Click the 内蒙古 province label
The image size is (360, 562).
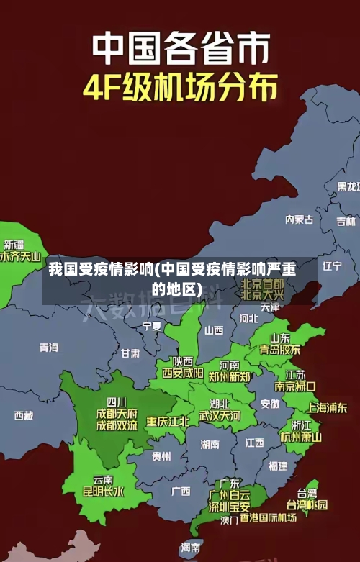click(299, 199)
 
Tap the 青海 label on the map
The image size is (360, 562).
click(49, 348)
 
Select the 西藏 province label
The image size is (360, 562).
click(24, 415)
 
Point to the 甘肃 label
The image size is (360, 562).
click(130, 353)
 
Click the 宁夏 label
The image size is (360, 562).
click(152, 326)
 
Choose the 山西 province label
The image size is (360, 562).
click(214, 330)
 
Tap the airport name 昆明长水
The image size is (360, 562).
click(103, 492)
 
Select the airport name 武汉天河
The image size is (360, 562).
click(220, 416)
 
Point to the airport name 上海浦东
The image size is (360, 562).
click(327, 407)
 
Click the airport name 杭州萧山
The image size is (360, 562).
click(301, 437)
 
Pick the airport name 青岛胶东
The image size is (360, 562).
click(280, 350)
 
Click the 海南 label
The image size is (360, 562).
click(191, 548)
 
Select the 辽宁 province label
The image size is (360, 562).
click(332, 266)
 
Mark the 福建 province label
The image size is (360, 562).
click(277, 466)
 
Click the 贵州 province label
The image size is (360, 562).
click(161, 456)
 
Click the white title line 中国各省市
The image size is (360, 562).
click(181, 49)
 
